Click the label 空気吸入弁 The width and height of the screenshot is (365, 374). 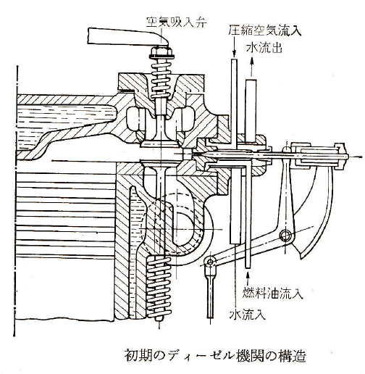click(177, 22)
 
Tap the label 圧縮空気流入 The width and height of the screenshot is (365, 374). click(265, 30)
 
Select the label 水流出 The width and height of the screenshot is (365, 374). click(264, 48)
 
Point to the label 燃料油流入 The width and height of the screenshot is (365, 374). click(272, 293)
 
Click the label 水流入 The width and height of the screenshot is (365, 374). click(248, 314)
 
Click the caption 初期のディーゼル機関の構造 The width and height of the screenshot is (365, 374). click(215, 356)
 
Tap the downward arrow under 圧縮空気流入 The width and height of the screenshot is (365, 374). click(234, 46)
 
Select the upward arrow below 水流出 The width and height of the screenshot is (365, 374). click(251, 67)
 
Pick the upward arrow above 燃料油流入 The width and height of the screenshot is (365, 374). click(248, 278)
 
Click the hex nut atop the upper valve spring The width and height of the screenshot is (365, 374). click(161, 51)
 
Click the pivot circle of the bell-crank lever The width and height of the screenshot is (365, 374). click(286, 235)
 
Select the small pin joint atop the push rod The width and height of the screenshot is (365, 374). click(210, 262)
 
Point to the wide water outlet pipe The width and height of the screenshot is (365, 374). click(251, 111)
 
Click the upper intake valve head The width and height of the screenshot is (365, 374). click(159, 144)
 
